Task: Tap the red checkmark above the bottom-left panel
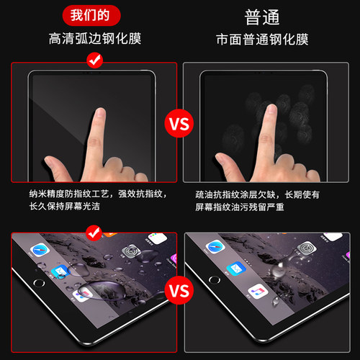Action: [x=92, y=232]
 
